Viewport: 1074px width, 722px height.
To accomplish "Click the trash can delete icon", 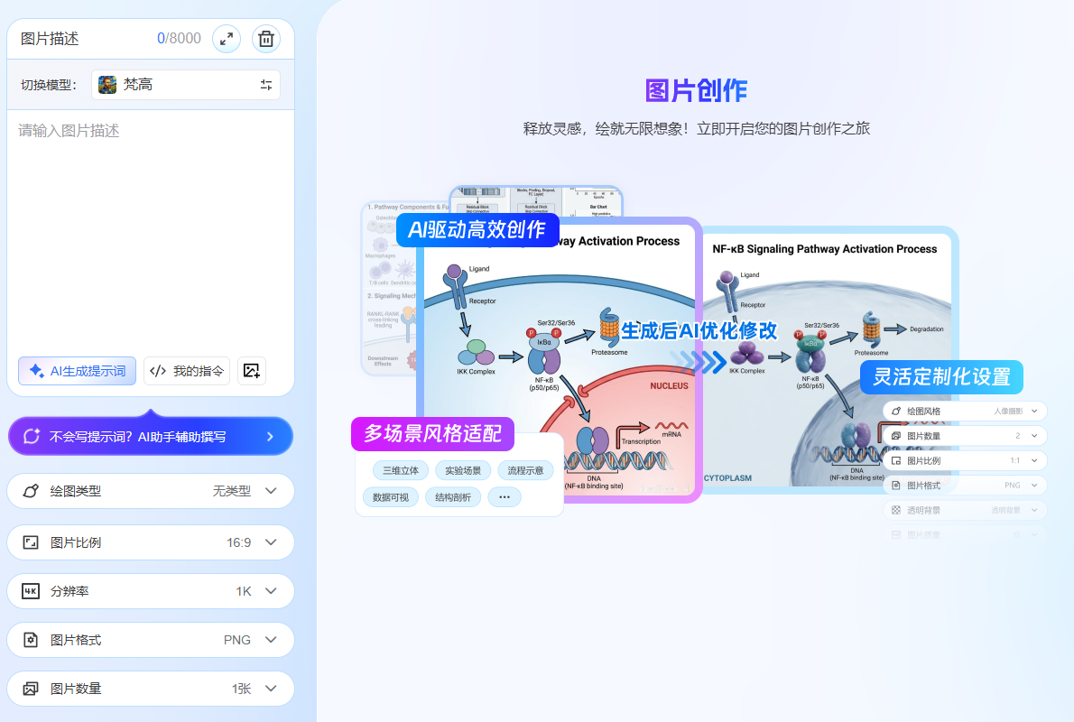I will coord(266,39).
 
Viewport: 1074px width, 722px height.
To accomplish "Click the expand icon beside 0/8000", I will coord(226,39).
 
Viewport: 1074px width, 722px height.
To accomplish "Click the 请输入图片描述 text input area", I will coord(151,226).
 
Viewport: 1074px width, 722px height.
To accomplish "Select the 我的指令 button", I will coord(187,371).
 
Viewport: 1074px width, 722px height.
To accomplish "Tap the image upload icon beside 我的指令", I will coord(252,371).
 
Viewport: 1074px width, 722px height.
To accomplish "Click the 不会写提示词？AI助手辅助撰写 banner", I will coord(151,437).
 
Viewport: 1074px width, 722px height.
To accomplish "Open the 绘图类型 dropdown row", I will coord(151,492).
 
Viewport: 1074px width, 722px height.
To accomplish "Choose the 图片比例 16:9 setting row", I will coord(151,542).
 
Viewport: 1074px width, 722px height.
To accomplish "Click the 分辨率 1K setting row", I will coord(151,591).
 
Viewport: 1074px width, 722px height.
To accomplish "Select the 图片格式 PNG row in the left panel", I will coord(151,640).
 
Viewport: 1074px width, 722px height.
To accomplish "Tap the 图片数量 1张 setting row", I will coord(151,689).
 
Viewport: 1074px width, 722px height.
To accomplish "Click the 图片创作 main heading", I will coord(696,91).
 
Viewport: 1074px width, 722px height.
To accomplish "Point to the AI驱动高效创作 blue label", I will coord(477,230).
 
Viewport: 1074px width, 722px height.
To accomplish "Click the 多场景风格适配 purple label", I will coord(432,434).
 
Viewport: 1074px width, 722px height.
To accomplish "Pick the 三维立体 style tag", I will coord(401,470).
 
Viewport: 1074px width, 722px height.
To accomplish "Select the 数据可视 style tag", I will coord(391,497).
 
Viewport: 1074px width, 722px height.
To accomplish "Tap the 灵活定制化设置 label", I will coord(941,377).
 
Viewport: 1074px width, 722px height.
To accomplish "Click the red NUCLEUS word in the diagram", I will coord(669,386).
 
